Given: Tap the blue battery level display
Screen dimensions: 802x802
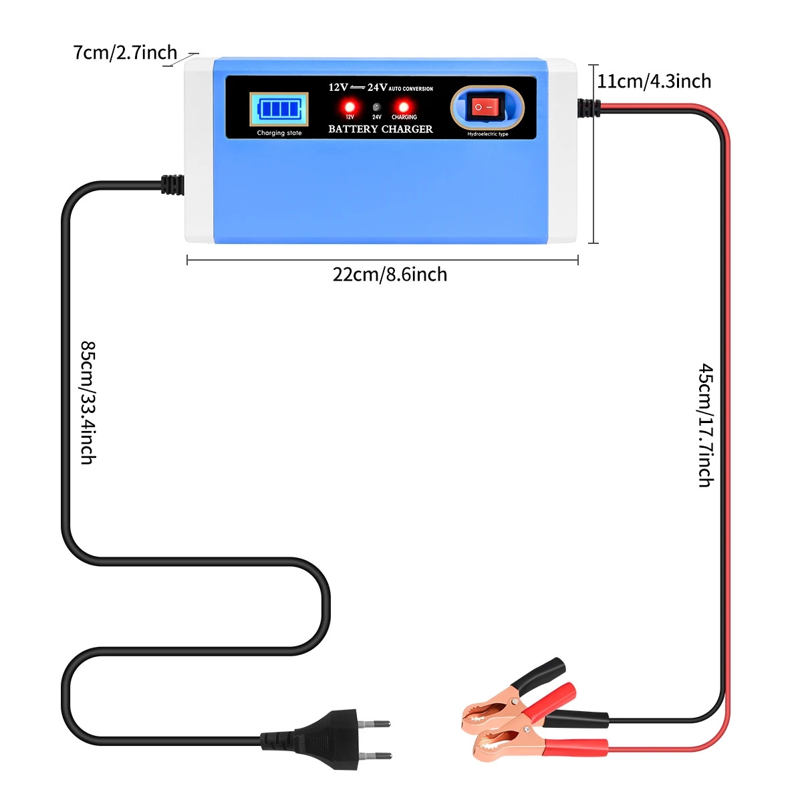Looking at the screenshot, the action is tap(279, 109).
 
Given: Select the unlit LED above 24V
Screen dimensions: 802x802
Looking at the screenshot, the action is tap(377, 106).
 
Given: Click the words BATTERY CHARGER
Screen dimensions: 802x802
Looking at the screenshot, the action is tap(380, 129).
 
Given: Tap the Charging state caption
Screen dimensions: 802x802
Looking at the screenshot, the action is tap(279, 133).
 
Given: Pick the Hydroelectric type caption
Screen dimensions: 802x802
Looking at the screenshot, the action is tap(487, 134).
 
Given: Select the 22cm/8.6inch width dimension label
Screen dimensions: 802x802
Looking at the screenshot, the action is tap(390, 275).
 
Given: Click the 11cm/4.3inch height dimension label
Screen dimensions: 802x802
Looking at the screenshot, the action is tap(654, 81).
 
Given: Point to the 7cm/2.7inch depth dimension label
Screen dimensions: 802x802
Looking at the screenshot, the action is tap(125, 53).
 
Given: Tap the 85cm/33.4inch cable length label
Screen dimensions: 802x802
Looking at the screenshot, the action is tap(88, 402).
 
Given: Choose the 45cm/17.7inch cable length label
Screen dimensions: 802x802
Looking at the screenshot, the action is tap(706, 425).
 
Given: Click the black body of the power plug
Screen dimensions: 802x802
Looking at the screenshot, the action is tap(309, 739).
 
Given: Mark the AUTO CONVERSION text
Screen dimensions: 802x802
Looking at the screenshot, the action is tap(411, 89).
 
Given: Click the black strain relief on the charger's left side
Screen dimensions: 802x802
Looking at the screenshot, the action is tap(172, 184).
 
